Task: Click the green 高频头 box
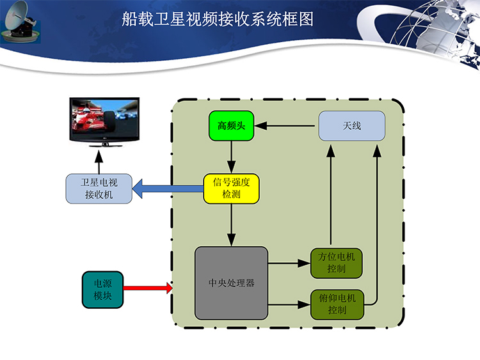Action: click(231, 126)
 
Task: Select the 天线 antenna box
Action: click(352, 126)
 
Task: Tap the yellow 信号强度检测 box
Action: click(231, 189)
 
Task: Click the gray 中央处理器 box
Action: click(232, 283)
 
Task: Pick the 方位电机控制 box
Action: click(337, 263)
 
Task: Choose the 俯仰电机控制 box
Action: click(337, 304)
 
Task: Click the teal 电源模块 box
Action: click(102, 290)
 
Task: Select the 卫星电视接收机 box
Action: click(99, 189)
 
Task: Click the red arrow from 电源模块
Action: click(148, 288)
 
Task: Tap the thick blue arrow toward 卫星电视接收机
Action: click(168, 189)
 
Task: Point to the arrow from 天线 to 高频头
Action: click(284, 126)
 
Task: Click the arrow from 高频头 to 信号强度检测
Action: click(232, 157)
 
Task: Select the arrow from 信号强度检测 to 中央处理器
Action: click(232, 225)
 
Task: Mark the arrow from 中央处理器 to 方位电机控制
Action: click(289, 263)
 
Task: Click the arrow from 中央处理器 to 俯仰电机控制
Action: click(289, 304)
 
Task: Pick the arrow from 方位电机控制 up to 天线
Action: click(331, 195)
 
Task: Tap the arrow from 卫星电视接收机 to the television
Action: click(99, 162)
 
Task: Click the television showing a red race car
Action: click(104, 121)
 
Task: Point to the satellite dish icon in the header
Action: click(20, 22)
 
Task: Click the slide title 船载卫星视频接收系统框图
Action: click(218, 19)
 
